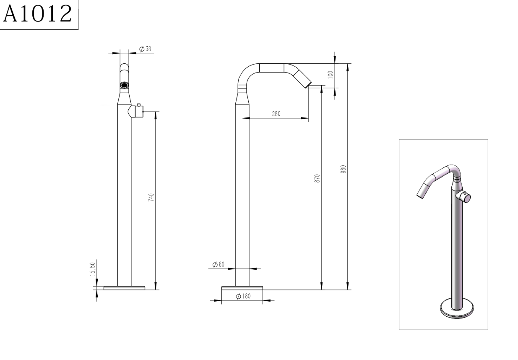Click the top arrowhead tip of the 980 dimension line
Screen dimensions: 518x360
tap(348, 64)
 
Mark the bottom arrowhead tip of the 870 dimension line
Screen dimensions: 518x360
tap(321, 290)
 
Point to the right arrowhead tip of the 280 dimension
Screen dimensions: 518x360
tap(308, 118)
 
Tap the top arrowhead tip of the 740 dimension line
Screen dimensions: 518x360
tap(156, 112)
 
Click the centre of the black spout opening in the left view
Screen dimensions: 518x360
tap(125, 85)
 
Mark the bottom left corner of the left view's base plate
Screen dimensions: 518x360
tap(104, 290)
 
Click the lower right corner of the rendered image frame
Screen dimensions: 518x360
tap(488, 330)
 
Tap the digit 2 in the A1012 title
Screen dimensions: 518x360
tap(66, 14)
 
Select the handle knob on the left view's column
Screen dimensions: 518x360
tap(136, 111)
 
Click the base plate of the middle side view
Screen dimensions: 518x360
tap(242, 288)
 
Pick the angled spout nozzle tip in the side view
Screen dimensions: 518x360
tap(308, 85)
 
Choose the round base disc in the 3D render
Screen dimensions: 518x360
tap(457, 309)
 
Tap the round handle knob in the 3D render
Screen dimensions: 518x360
tap(463, 197)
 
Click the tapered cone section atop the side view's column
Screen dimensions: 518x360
tap(242, 98)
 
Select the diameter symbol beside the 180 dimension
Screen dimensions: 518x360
tap(238, 296)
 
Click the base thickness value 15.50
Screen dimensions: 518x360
tap(93, 269)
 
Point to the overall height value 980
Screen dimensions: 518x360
tap(344, 169)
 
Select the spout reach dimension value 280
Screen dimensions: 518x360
tap(276, 114)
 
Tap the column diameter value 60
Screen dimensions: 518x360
tap(221, 264)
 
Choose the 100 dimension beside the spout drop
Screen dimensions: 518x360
tap(331, 75)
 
